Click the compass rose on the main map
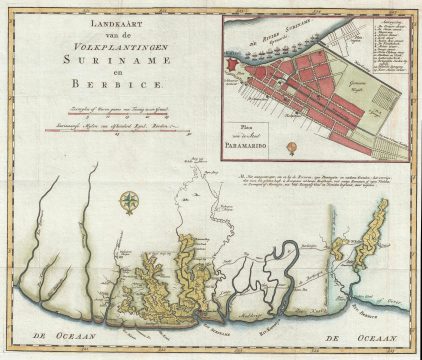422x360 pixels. [129, 204]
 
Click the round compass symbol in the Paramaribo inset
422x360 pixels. [290, 147]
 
